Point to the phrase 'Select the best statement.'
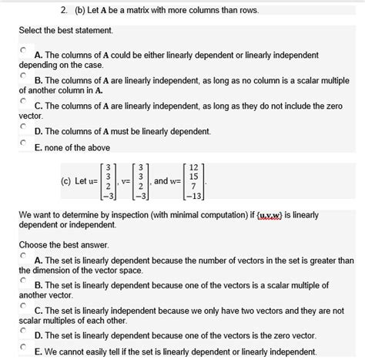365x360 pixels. click(x=66, y=30)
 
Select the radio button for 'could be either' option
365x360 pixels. click(x=24, y=49)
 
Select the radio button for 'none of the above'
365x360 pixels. click(x=24, y=142)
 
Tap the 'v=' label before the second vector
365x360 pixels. click(x=126, y=182)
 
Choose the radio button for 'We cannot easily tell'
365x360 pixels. click(x=24, y=348)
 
